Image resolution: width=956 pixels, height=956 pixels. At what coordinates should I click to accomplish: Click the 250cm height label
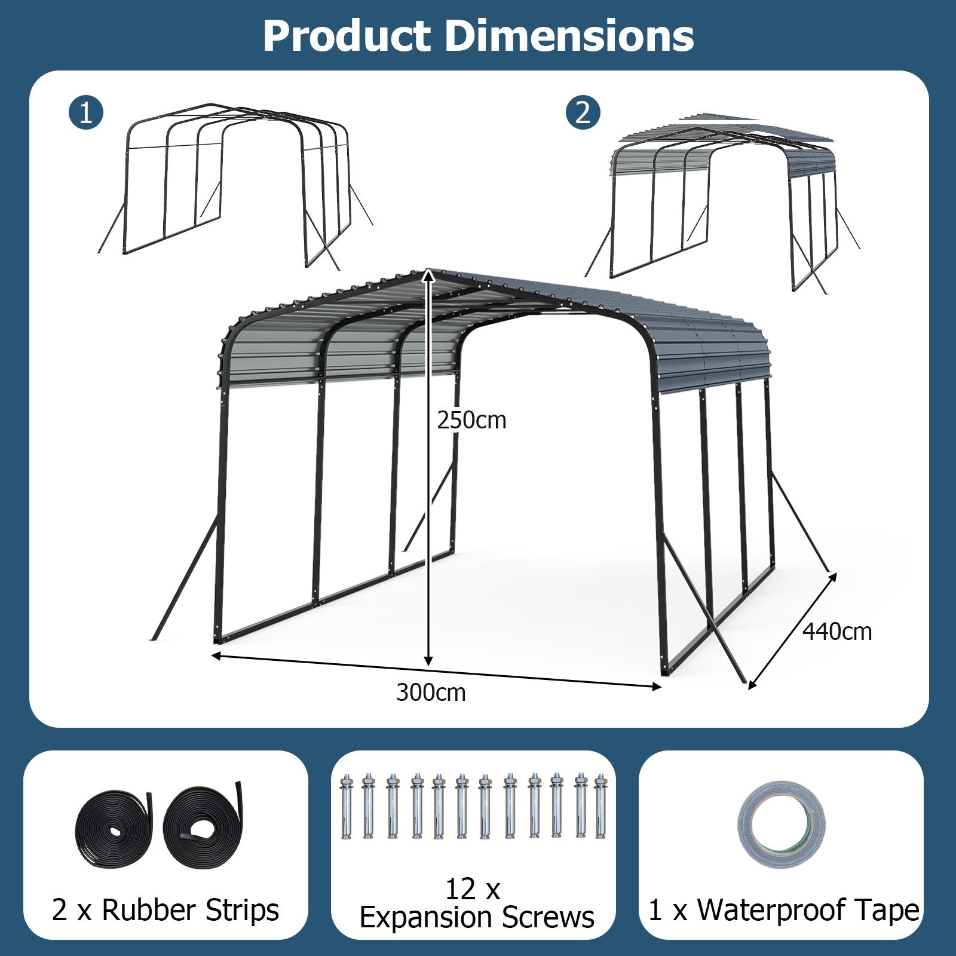471,421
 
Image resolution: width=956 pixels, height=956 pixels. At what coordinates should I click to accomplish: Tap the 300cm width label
431,693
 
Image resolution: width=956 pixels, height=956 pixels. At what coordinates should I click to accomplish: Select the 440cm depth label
836,632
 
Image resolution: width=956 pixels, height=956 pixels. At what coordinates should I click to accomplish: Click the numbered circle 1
86,112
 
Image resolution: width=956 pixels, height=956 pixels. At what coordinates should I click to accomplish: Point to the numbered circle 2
583,112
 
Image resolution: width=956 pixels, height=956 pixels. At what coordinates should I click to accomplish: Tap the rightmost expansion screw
600,807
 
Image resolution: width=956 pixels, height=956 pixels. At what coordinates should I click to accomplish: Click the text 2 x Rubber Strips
166,910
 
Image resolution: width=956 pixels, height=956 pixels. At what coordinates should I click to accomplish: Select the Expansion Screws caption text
477,917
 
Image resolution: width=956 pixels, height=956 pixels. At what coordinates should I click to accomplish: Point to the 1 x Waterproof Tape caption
784,910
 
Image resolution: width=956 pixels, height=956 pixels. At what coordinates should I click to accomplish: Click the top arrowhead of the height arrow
428,274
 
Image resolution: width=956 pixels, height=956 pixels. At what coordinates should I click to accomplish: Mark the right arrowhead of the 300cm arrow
657,687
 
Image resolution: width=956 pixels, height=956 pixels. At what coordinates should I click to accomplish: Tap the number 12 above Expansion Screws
459,890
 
